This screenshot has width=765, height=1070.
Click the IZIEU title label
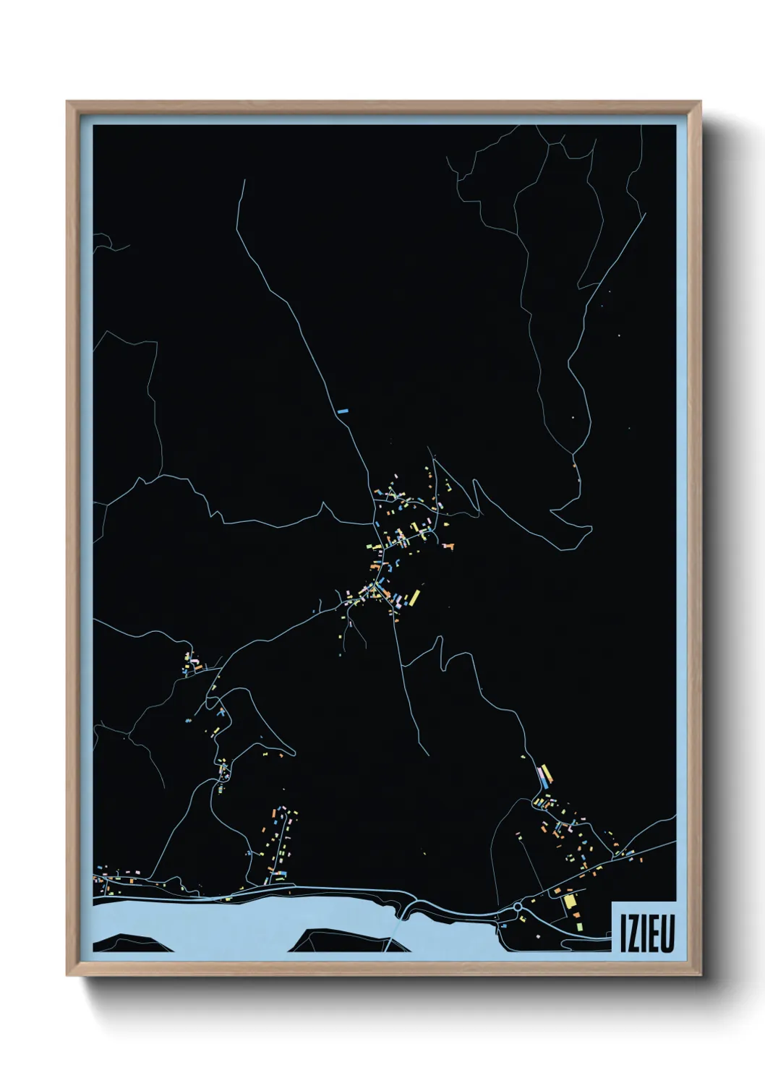coord(644,928)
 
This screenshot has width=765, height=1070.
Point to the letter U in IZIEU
coord(667,935)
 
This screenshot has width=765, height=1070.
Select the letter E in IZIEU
coord(653,935)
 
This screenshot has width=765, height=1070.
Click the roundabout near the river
coord(518,906)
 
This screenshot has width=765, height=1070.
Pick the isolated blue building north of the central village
coord(343,411)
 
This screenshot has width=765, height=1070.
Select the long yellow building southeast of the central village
coord(415,597)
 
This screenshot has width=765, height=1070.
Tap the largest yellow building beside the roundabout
coord(569,901)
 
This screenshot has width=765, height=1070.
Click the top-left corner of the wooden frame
coord(67,102)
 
